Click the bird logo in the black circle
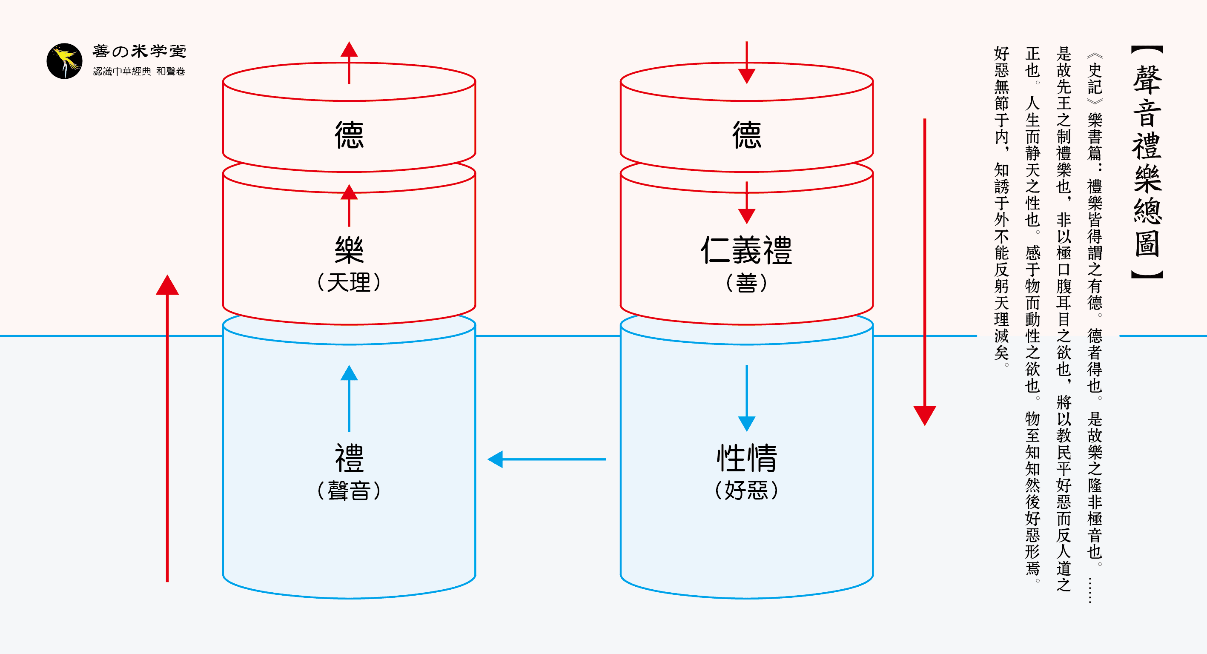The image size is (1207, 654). (64, 61)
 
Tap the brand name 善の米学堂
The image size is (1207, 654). (139, 51)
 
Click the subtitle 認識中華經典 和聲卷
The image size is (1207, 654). (139, 71)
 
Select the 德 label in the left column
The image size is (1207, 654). (349, 135)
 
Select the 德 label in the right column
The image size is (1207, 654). (746, 135)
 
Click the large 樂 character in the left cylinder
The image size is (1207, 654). (349, 250)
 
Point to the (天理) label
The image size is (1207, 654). (349, 282)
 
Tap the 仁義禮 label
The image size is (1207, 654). (746, 250)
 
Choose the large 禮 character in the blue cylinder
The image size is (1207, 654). (349, 458)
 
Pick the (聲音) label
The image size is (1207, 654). (349, 490)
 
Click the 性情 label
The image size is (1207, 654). (746, 458)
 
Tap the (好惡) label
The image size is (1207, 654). (746, 490)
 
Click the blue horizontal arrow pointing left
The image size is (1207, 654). (546, 459)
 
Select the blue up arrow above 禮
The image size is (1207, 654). (349, 398)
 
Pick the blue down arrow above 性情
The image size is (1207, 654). (746, 398)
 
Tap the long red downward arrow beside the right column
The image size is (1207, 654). (924, 272)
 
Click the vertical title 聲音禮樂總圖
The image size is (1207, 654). (1147, 162)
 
